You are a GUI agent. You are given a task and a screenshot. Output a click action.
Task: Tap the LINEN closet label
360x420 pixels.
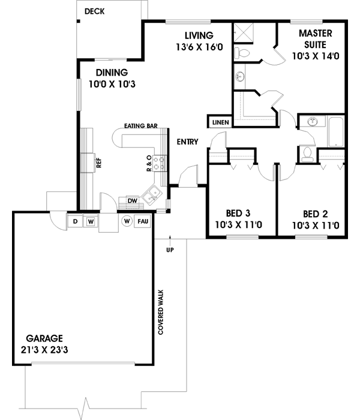click(x=219, y=122)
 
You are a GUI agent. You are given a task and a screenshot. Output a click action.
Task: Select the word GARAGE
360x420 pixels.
click(x=44, y=338)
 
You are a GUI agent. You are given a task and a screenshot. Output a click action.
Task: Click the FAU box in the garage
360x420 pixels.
click(x=143, y=221)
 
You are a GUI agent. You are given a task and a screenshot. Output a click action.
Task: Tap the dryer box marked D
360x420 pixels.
click(x=76, y=221)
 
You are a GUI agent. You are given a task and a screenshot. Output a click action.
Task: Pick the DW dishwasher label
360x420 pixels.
click(x=133, y=200)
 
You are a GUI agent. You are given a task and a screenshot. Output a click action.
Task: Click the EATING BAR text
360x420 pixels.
click(x=140, y=126)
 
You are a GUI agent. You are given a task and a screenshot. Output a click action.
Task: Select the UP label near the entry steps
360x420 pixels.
click(x=170, y=249)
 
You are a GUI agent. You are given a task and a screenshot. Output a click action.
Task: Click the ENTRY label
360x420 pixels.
click(x=187, y=142)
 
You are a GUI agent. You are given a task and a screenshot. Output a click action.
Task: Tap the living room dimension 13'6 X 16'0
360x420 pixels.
click(x=199, y=47)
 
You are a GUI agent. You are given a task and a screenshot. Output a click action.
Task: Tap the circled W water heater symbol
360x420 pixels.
click(x=127, y=221)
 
